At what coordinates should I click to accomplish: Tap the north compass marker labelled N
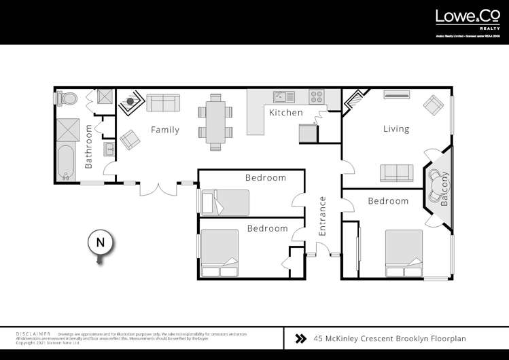(x=100, y=242)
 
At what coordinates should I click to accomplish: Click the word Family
(x=164, y=130)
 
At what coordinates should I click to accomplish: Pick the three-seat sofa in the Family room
(x=163, y=103)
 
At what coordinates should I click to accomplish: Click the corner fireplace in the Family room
(x=128, y=103)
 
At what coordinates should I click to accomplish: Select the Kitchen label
(x=285, y=113)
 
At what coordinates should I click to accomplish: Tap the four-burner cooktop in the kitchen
(x=317, y=96)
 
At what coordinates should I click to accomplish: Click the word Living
(x=396, y=128)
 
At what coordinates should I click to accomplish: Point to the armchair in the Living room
(x=432, y=105)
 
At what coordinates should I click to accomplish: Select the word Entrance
(x=323, y=217)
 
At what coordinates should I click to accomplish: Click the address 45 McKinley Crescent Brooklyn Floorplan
(x=389, y=338)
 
